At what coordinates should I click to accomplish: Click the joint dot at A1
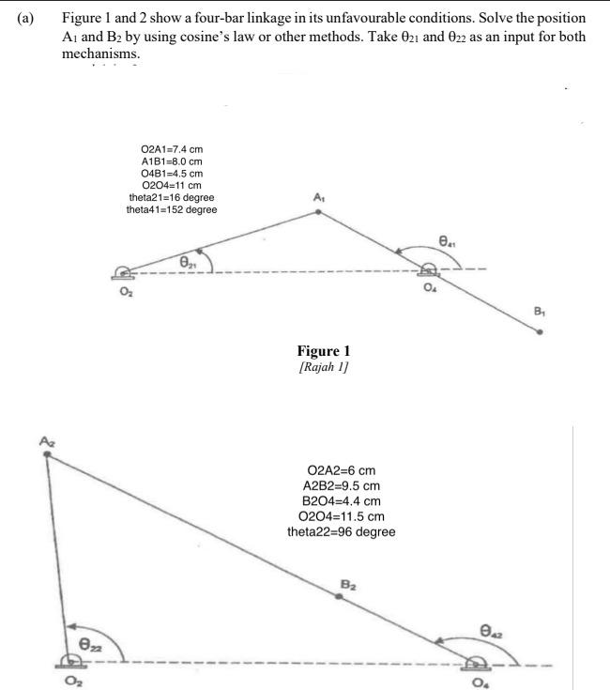(x=318, y=211)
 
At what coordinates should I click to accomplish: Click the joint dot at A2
(x=48, y=453)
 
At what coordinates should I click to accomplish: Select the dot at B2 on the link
(x=339, y=597)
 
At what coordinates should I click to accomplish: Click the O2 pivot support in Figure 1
(x=122, y=273)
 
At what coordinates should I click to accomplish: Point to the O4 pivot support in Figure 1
(x=429, y=268)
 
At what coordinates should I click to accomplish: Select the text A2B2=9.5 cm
(x=342, y=485)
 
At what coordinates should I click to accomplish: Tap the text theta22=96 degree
(x=342, y=531)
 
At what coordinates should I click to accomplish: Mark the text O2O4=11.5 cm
(x=342, y=516)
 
